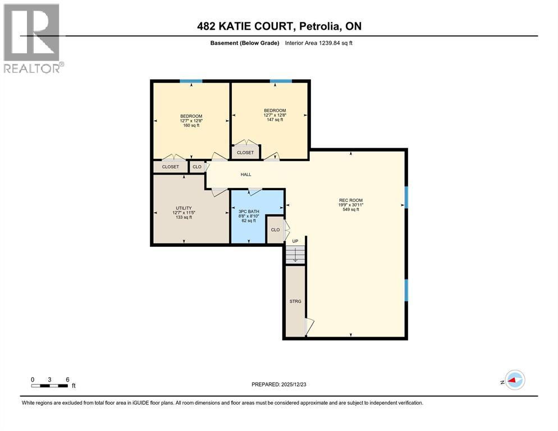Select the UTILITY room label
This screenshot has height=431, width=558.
[184, 208]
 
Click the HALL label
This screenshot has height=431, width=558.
[246, 175]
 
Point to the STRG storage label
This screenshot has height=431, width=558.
[295, 301]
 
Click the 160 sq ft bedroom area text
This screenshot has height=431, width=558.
[191, 125]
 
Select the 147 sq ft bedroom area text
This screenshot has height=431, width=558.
[275, 120]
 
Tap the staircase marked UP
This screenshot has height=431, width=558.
[295, 254]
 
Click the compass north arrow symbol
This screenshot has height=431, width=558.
[514, 380]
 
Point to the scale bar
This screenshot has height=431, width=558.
[50, 386]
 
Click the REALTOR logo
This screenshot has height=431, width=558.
[32, 38]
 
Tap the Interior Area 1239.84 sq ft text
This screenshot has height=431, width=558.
[319, 43]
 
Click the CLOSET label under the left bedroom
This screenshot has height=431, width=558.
[170, 167]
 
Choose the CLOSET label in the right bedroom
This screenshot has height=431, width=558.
[245, 153]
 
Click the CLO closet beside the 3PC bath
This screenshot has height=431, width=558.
[275, 230]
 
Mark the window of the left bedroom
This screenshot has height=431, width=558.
[191, 81]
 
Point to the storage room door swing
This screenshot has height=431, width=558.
[309, 327]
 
